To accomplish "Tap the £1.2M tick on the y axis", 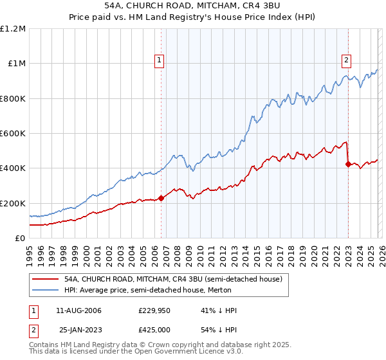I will tap(13, 29).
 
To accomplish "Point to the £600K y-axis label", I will tap(13, 134).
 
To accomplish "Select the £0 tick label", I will tap(19, 238).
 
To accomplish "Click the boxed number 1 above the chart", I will tap(159, 61).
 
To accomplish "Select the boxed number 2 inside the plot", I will tap(346, 61).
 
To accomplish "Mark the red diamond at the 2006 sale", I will tap(161, 198).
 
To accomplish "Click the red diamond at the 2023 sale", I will tap(348, 164).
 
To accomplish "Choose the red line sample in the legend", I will tap(45, 279).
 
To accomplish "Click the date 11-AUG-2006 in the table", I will tap(78, 310).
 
